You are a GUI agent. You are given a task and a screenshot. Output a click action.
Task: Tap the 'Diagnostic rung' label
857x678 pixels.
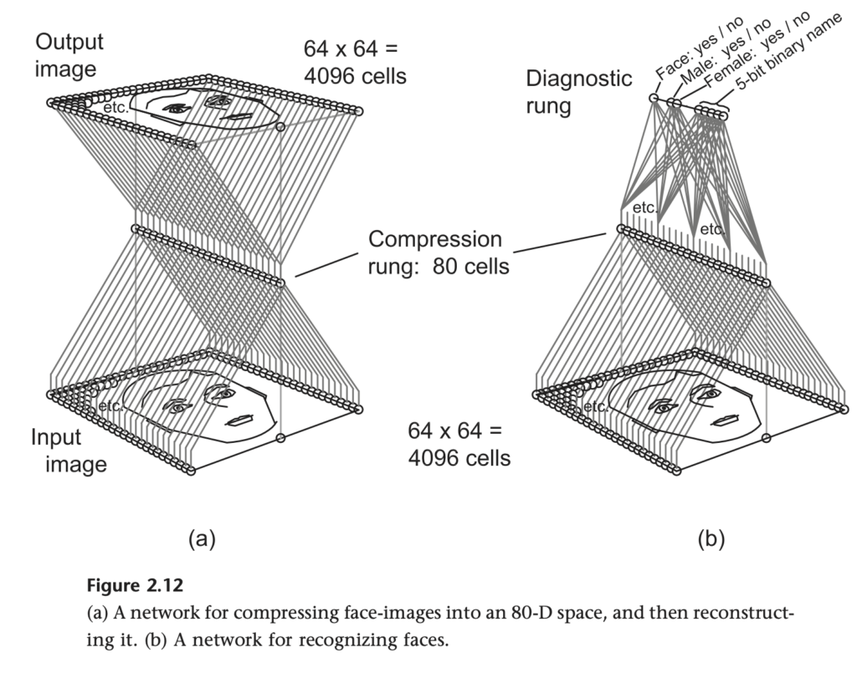click(578, 91)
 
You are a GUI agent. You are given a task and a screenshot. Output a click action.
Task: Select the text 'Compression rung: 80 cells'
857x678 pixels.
click(435, 252)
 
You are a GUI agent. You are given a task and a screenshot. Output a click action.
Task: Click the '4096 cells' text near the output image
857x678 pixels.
click(355, 76)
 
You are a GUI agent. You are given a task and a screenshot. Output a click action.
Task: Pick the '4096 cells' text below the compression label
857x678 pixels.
click(459, 457)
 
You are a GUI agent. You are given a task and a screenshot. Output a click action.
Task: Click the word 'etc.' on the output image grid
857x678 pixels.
click(115, 108)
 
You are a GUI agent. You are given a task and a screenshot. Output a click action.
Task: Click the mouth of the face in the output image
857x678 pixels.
click(239, 115)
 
